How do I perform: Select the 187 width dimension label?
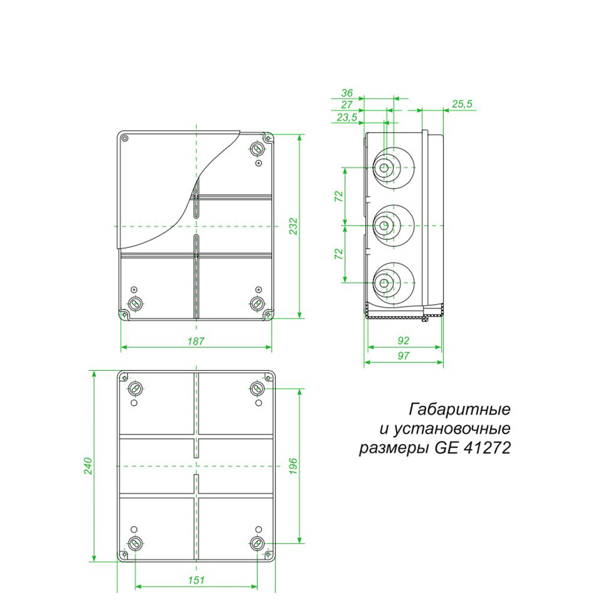click(x=196, y=341)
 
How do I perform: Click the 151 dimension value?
click(x=196, y=580)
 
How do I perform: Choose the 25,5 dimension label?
click(x=462, y=104)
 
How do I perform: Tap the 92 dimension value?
click(x=403, y=340)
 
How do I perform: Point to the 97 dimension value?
click(x=403, y=356)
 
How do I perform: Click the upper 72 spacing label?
click(x=338, y=197)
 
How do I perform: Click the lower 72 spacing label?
click(x=338, y=254)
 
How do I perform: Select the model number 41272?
click(x=488, y=448)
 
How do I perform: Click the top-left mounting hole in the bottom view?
click(x=135, y=388)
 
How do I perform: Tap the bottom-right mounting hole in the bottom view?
click(x=257, y=543)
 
